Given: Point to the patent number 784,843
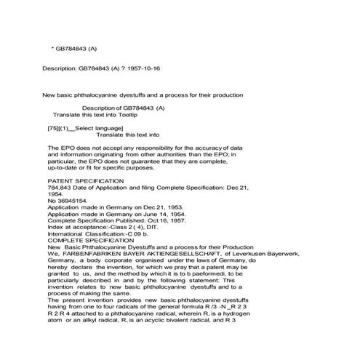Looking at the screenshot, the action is [x=60, y=187].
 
